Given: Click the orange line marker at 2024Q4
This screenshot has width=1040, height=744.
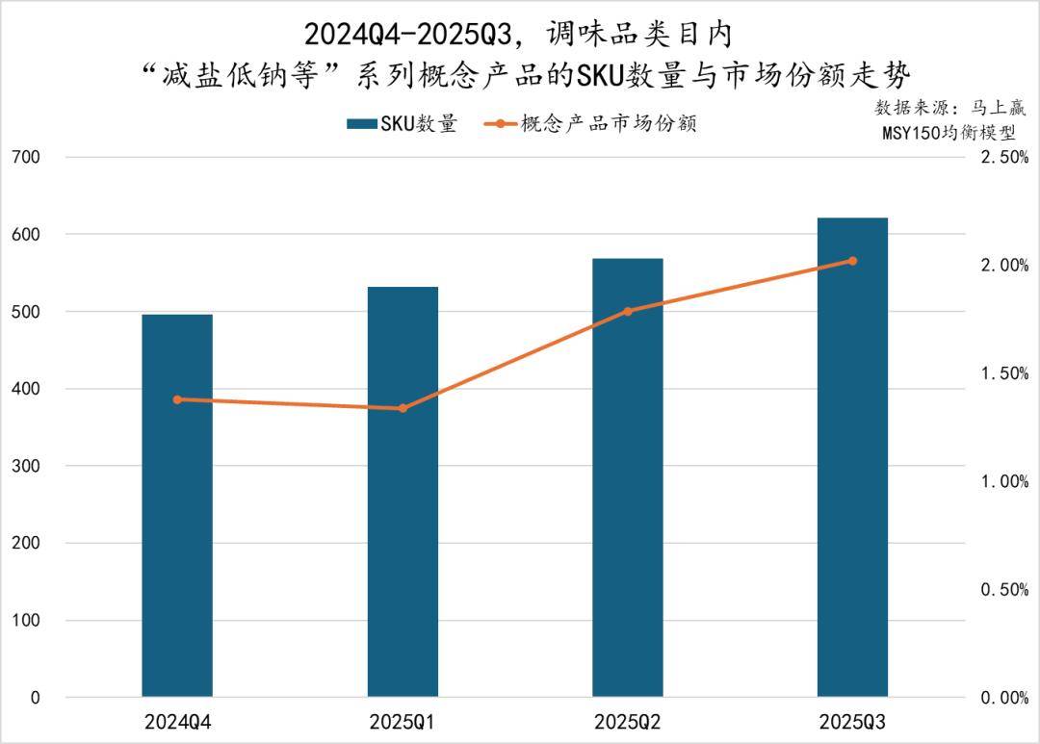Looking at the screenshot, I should (177, 399).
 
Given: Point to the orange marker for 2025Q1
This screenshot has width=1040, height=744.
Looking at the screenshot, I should (403, 408).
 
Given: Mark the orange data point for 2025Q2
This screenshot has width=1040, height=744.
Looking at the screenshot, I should (628, 311).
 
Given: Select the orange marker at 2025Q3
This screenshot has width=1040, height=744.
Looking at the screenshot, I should (852, 261).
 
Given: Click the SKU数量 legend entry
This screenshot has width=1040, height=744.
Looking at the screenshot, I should (403, 123).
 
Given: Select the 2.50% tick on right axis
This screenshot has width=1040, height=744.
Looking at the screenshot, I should (1003, 157).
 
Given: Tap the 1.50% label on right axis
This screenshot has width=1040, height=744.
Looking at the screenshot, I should (1003, 373).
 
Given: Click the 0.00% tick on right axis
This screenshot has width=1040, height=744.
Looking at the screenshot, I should (1003, 698).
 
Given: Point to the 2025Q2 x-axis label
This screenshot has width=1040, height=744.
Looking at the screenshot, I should (628, 722).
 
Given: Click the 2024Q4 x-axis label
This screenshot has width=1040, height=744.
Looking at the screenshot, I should (177, 722).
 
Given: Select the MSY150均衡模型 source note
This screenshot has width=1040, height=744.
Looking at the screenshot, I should (948, 134).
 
